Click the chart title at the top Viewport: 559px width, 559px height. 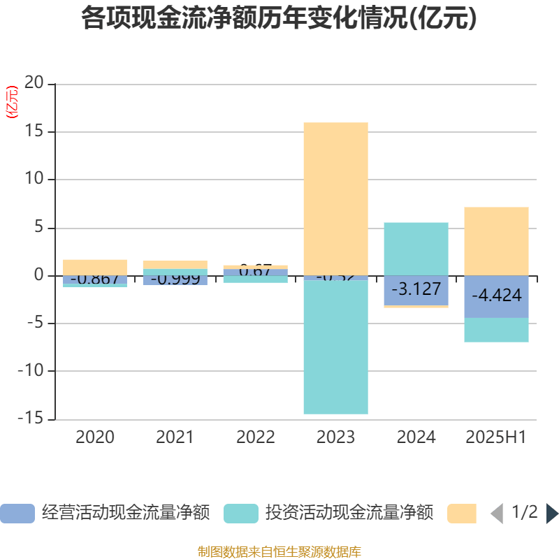coord(279,19)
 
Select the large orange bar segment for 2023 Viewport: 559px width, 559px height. coord(335,198)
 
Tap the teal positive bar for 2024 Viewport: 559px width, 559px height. coord(416,248)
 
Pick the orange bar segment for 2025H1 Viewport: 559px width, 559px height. coord(496,240)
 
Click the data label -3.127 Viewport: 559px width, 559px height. coord(416,289)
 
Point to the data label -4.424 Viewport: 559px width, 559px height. coord(496,296)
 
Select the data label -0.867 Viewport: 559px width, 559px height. coord(95,279)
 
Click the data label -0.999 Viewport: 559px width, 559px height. coord(175,279)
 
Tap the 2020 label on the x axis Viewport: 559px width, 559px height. coord(95,437)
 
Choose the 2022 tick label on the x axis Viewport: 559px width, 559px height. coord(255,437)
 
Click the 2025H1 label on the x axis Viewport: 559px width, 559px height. coord(496,437)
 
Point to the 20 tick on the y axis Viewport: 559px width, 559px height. coord(34,84)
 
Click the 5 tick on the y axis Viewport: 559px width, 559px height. coord(39,228)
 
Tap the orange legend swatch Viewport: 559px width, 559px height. coord(462,513)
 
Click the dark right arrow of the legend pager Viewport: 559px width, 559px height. coord(551,514)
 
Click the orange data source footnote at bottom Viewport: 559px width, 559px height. coord(279,552)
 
